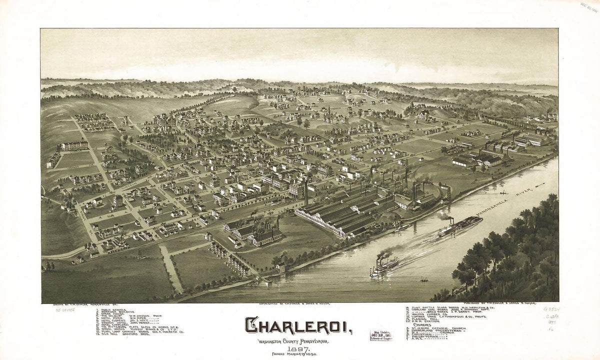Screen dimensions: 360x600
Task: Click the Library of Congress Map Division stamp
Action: coord(381,335)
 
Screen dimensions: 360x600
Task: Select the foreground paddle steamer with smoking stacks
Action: coord(384,265)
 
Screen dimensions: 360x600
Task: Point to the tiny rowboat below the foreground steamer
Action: coord(424,279)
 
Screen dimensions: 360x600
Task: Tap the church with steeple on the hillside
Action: coord(328,115)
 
